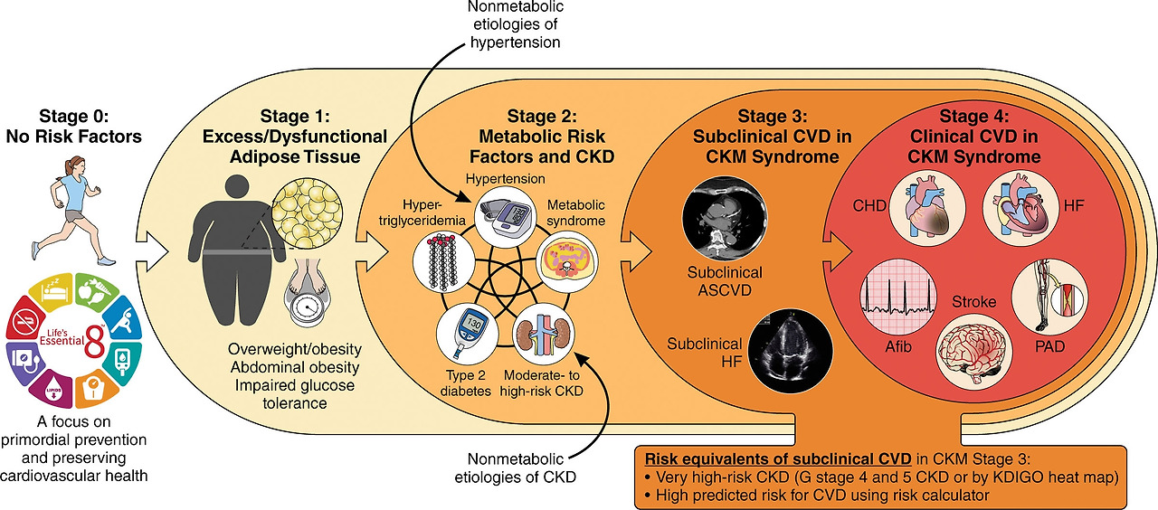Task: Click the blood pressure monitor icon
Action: pos(507,216)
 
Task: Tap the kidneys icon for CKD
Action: pos(546,334)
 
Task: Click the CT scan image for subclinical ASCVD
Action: pos(725,213)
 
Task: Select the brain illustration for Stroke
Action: pos(973,346)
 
